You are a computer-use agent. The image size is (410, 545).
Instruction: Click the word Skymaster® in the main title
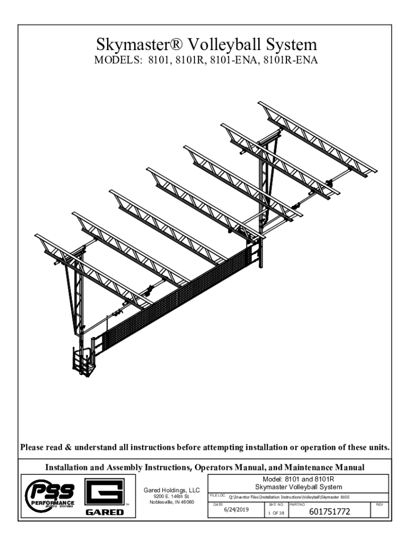tap(134, 44)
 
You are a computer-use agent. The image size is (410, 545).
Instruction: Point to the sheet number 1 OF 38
tap(275, 513)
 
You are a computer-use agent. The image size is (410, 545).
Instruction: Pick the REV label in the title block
tap(380, 503)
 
